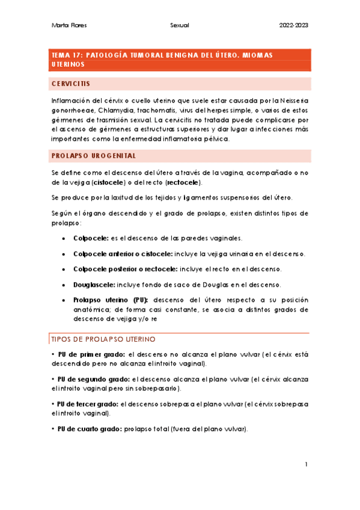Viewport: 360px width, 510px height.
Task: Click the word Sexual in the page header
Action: (x=180, y=25)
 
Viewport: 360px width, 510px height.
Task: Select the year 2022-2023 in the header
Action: (x=293, y=25)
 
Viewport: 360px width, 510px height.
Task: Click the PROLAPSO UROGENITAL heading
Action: (x=94, y=156)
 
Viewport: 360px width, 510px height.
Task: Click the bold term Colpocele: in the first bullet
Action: (x=91, y=238)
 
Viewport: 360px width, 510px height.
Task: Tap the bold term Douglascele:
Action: (x=94, y=284)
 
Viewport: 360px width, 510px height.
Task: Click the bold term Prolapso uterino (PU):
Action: (x=111, y=300)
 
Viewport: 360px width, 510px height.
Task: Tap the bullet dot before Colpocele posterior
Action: (x=64, y=269)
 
